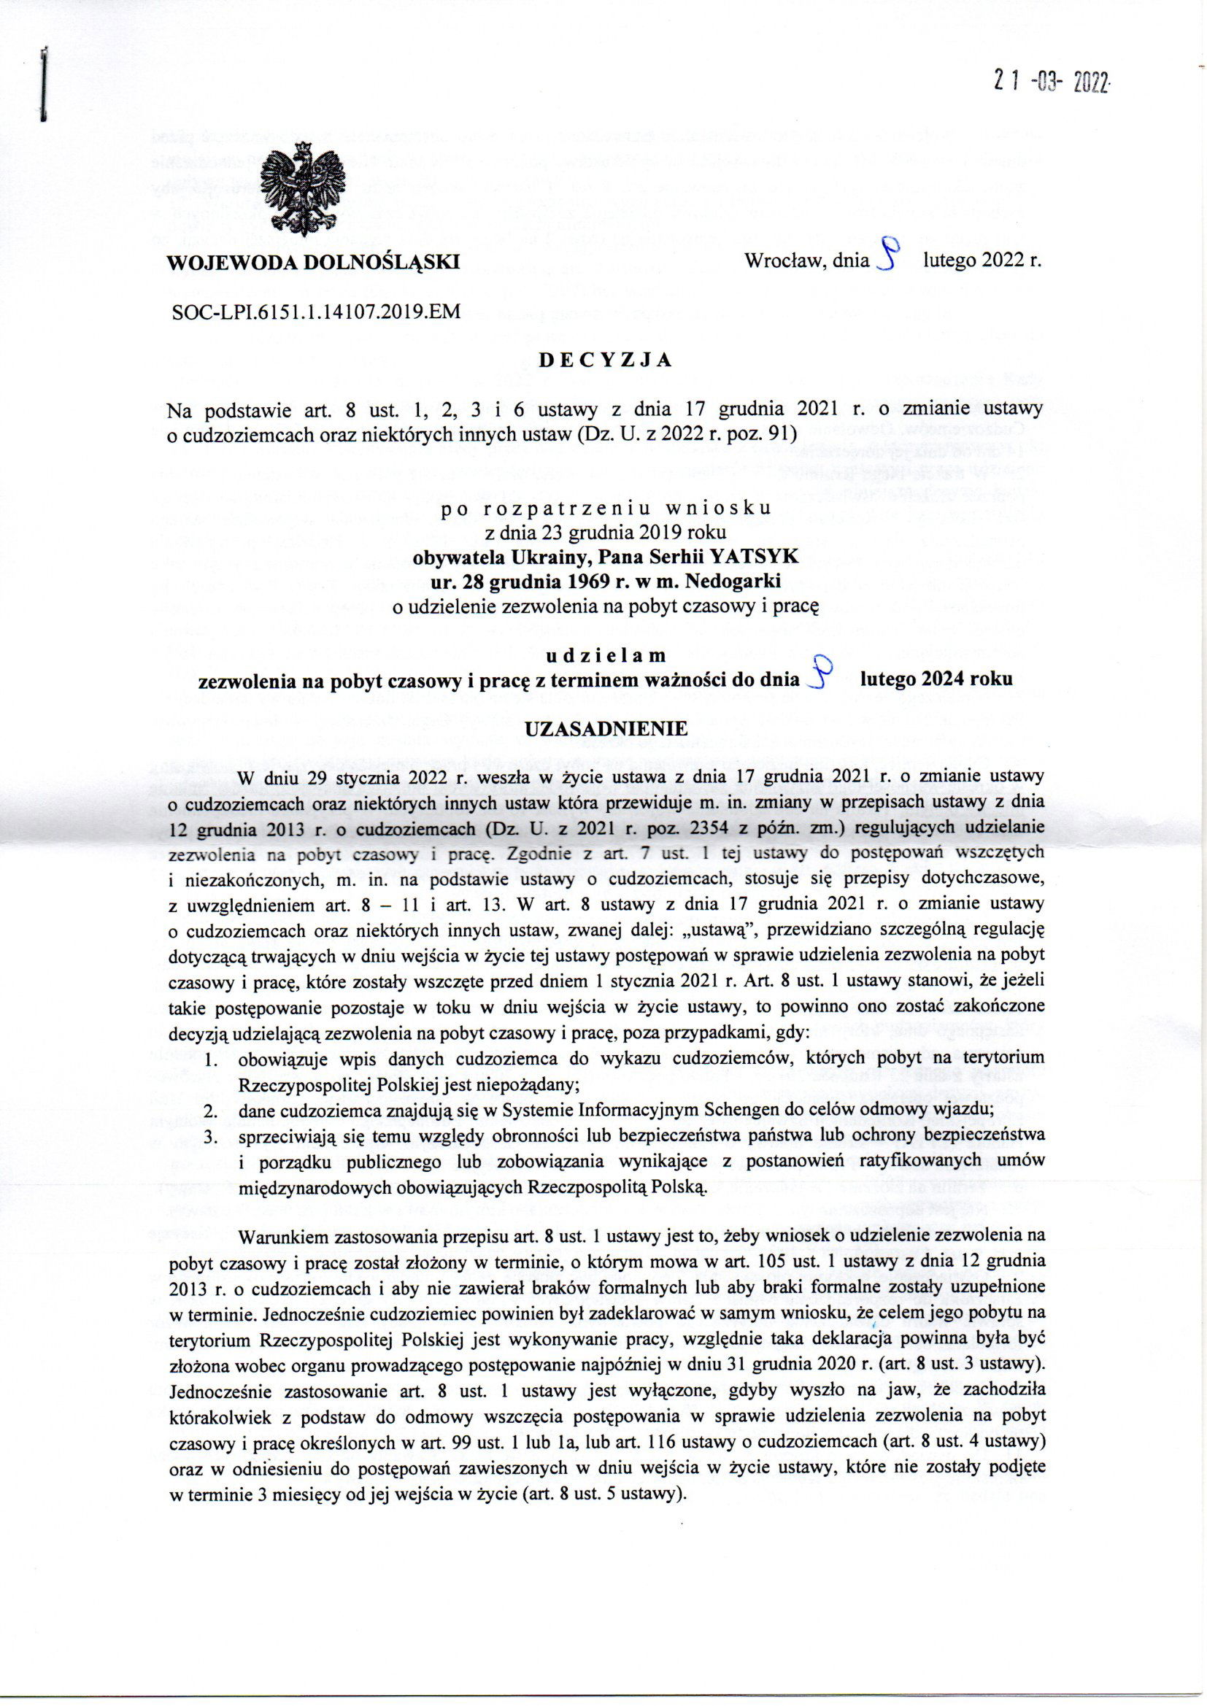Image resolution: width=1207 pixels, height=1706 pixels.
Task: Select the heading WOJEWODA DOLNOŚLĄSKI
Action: [x=312, y=262]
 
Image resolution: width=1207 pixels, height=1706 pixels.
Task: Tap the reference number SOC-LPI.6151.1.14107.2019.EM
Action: [x=316, y=312]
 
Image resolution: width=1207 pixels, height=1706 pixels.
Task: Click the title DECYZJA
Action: [x=605, y=360]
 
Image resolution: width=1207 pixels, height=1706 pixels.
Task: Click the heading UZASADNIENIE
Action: [x=606, y=729]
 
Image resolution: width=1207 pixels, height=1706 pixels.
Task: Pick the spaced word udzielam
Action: [x=605, y=655]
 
